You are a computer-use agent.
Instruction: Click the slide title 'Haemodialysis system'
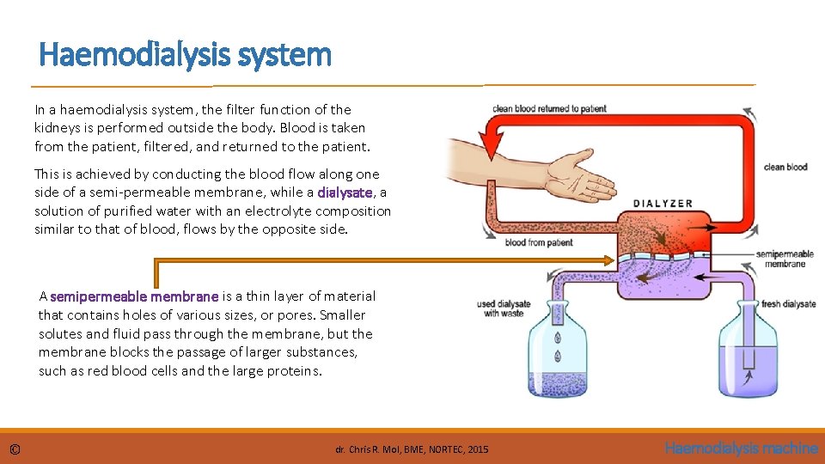click(185, 55)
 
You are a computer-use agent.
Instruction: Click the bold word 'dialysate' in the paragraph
click(345, 192)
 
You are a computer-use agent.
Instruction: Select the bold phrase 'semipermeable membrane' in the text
click(134, 296)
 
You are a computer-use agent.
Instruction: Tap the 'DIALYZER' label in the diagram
click(663, 204)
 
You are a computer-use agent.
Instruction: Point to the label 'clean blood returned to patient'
click(549, 109)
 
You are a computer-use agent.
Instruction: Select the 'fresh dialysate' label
click(788, 304)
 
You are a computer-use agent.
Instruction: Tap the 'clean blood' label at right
click(785, 167)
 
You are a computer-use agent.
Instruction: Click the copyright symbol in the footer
click(15, 449)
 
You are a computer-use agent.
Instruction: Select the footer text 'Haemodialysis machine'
click(741, 449)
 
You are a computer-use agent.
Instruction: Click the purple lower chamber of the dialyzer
click(662, 273)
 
